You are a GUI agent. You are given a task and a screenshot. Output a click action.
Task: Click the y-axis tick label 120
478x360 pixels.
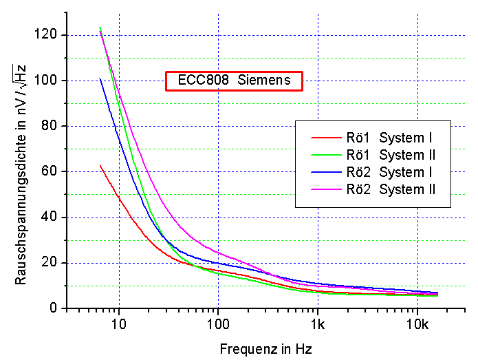tap(50, 34)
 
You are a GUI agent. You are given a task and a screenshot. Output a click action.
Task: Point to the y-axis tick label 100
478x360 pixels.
tap(50, 81)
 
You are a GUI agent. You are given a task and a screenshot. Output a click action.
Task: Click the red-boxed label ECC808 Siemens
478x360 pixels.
tap(234, 80)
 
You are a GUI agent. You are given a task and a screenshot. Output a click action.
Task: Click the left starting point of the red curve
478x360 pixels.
tap(100, 165)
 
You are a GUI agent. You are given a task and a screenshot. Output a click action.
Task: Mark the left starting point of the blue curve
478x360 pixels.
tap(100, 78)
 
